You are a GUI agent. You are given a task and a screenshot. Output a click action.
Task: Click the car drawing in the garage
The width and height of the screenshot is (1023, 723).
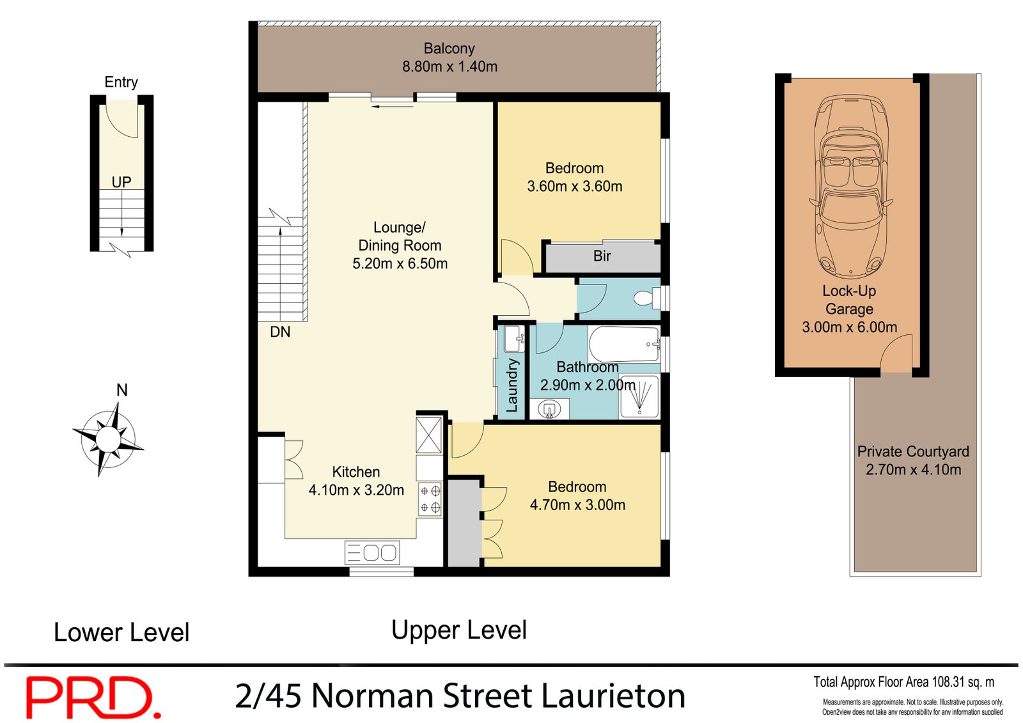[x=850, y=185]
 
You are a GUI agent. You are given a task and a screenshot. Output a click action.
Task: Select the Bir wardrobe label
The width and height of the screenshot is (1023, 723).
[x=602, y=256]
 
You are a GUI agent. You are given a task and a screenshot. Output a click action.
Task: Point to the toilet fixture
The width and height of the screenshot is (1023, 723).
[x=645, y=298]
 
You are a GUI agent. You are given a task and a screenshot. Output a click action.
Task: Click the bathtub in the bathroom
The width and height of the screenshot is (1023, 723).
[x=623, y=344]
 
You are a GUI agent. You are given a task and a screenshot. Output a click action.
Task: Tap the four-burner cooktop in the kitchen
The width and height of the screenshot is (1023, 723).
[x=430, y=499]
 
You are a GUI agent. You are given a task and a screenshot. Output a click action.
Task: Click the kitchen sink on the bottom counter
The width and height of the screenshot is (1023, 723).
[x=373, y=552]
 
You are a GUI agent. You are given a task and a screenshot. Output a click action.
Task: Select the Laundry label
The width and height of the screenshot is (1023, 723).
[x=512, y=385]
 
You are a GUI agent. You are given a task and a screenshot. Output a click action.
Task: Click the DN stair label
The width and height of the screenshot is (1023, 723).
[x=280, y=332]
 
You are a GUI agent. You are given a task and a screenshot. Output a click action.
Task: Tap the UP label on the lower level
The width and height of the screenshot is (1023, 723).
[x=121, y=182]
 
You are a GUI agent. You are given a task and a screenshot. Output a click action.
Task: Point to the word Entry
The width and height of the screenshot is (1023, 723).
[x=121, y=82]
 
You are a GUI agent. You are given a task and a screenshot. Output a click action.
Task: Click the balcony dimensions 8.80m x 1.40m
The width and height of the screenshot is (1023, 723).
[x=449, y=66]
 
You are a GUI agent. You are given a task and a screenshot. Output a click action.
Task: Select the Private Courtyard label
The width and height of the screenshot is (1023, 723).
[x=913, y=451]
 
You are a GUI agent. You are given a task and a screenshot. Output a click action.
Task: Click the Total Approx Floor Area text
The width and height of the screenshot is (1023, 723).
[x=903, y=682]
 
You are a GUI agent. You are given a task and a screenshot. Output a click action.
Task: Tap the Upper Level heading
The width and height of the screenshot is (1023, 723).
[x=459, y=630]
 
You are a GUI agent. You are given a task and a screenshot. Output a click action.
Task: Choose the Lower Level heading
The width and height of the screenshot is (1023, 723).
[x=121, y=633]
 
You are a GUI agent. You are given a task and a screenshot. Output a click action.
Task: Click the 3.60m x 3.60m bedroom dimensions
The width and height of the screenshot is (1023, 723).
[x=574, y=187]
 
